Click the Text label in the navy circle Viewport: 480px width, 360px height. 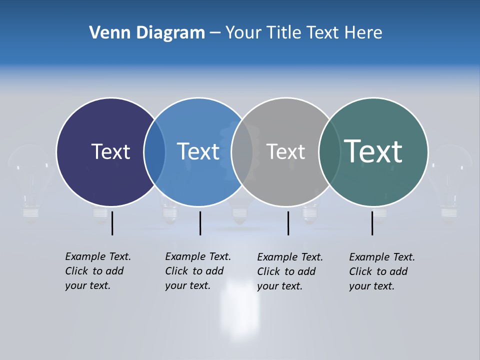pyautogui.click(x=110, y=151)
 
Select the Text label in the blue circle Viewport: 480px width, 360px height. pyautogui.click(x=198, y=151)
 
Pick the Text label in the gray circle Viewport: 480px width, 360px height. pyautogui.click(x=285, y=151)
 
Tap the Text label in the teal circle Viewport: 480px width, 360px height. pyautogui.click(x=373, y=151)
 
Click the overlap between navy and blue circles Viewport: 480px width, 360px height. pyautogui.click(x=154, y=152)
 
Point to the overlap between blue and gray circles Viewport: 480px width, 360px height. pyautogui.click(x=242, y=152)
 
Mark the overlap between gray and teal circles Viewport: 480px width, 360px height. pyautogui.click(x=329, y=152)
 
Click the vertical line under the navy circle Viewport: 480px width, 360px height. pyautogui.click(x=112, y=223)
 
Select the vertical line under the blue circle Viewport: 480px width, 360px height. pyautogui.click(x=200, y=223)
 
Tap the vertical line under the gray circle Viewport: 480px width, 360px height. pyautogui.click(x=288, y=223)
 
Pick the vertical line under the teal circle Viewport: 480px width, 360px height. pyautogui.click(x=372, y=223)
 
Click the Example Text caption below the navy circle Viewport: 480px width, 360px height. pyautogui.click(x=98, y=271)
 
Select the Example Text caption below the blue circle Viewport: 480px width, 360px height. pyautogui.click(x=198, y=271)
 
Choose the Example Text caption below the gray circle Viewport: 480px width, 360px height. pyautogui.click(x=290, y=271)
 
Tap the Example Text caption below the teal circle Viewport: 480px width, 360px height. pyautogui.click(x=382, y=271)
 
